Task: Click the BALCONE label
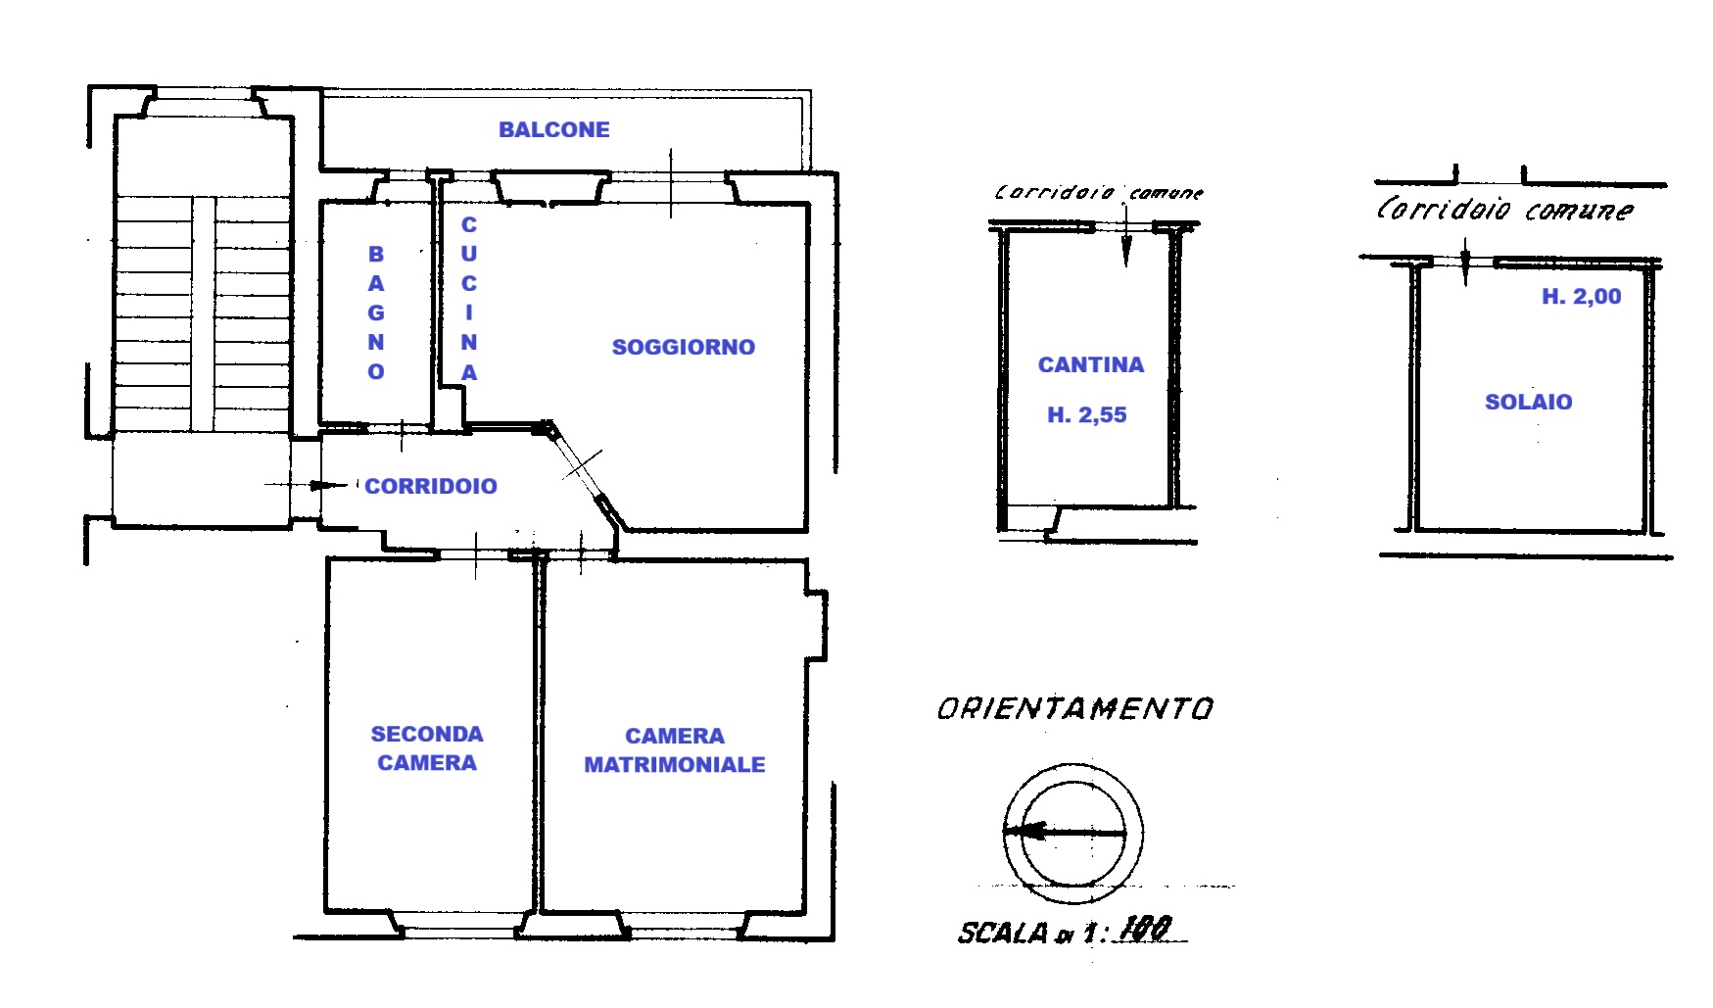pos(554,129)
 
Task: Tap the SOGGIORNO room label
pos(684,347)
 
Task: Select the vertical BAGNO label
pos(376,312)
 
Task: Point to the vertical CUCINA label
pos(469,299)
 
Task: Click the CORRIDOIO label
pos(431,486)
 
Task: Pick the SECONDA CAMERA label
pos(427,748)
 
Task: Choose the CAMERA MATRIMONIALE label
pos(675,750)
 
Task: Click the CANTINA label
pos(1091,365)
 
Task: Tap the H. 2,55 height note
pos(1087,415)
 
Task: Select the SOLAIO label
pos(1529,402)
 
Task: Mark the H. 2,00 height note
pos(1582,297)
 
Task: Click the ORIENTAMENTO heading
pos(1075,708)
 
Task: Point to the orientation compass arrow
pos(1065,833)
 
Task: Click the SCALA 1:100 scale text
pos(1065,930)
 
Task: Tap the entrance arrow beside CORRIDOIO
pos(307,485)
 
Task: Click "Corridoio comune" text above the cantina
pos(1099,193)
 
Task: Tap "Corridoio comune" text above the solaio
pos(1505,209)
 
